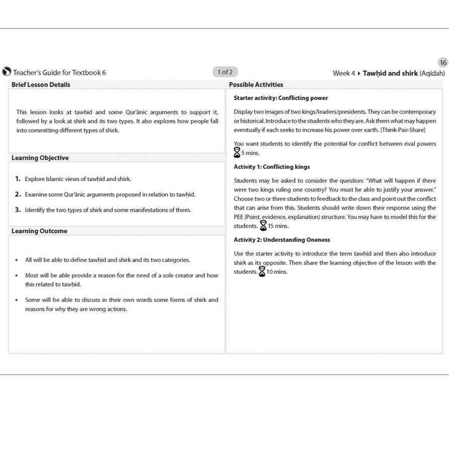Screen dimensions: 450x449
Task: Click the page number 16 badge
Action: click(x=442, y=63)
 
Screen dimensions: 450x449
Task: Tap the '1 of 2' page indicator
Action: click(x=225, y=72)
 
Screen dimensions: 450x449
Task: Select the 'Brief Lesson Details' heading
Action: click(x=41, y=85)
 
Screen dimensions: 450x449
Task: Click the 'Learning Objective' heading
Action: click(x=40, y=158)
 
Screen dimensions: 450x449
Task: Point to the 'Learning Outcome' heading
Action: click(x=39, y=231)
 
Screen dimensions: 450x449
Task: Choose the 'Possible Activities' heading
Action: click(x=256, y=85)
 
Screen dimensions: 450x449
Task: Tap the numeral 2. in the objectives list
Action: click(x=18, y=194)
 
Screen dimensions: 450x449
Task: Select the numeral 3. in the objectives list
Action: click(x=18, y=210)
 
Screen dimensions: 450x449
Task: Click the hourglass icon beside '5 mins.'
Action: click(x=237, y=153)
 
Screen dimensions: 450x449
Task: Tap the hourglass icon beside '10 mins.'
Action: click(x=261, y=272)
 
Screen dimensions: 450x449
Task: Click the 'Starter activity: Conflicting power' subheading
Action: click(x=281, y=98)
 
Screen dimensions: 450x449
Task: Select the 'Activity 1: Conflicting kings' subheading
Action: click(x=272, y=167)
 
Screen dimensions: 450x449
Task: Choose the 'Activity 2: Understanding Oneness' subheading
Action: click(x=282, y=240)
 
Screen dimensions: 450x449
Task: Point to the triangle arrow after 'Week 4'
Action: click(x=359, y=73)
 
